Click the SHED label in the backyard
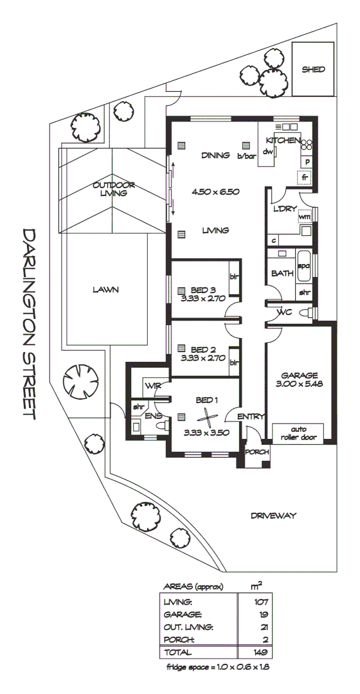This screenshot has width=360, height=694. (x=313, y=69)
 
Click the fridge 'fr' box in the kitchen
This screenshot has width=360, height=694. (x=305, y=176)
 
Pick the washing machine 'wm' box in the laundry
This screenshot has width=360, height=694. (x=305, y=217)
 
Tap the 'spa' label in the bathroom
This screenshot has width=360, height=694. (x=304, y=265)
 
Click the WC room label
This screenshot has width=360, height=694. (x=284, y=313)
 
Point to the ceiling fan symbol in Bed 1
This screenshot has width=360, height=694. (x=206, y=414)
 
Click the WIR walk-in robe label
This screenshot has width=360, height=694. (x=152, y=386)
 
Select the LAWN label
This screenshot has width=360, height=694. (x=105, y=290)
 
